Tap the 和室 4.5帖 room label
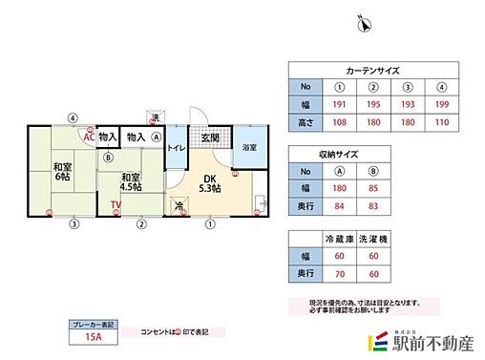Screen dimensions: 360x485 132,181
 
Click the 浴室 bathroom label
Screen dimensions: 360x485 249,148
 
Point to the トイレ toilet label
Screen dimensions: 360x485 177,148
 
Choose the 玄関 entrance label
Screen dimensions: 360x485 211,138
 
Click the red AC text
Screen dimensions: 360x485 88,137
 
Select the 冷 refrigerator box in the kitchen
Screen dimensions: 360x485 179,205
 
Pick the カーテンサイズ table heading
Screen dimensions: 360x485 371,71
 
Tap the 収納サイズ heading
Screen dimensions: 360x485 338,153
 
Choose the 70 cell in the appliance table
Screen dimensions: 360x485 339,274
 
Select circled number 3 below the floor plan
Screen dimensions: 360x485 73,225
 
